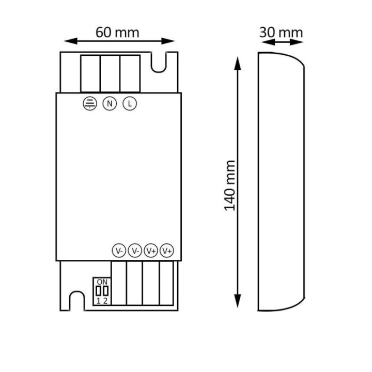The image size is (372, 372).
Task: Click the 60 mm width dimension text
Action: click(x=117, y=32)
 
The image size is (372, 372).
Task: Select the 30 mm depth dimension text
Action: click(x=281, y=32)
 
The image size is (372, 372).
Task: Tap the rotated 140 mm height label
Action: click(x=230, y=185)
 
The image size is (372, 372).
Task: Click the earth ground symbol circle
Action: click(x=90, y=103)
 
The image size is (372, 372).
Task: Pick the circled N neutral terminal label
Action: click(x=109, y=103)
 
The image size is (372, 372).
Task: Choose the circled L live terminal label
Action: click(x=130, y=103)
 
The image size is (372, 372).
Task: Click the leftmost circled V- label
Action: click(x=119, y=251)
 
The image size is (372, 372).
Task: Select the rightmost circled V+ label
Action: click(x=167, y=251)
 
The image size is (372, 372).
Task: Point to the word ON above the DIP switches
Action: click(x=102, y=282)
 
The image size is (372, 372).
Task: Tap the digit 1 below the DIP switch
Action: click(x=98, y=301)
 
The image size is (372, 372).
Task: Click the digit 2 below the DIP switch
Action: click(x=105, y=301)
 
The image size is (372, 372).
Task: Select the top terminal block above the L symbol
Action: click(x=130, y=73)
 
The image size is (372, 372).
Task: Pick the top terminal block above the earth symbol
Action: click(x=90, y=73)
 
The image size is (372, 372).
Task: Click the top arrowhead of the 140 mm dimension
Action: click(x=237, y=63)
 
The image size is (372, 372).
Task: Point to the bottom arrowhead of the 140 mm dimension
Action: click(x=237, y=301)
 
